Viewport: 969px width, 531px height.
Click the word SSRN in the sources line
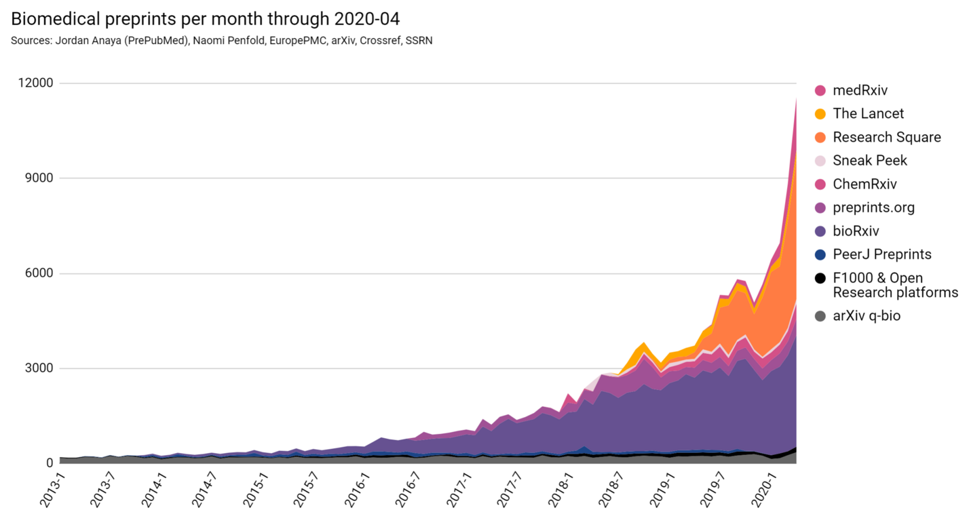pyautogui.click(x=419, y=41)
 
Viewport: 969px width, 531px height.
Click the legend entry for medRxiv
pyautogui.click(x=860, y=90)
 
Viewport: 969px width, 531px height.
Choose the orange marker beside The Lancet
pyautogui.click(x=820, y=114)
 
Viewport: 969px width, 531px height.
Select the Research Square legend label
pyautogui.click(x=886, y=137)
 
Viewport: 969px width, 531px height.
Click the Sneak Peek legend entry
pyautogui.click(x=869, y=161)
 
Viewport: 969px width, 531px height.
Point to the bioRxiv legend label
pyautogui.click(x=856, y=231)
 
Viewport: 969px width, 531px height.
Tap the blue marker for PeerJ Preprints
pyautogui.click(x=820, y=255)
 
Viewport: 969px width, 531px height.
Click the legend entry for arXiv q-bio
pyautogui.click(x=867, y=315)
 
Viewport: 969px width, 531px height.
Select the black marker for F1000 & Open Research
pyautogui.click(x=820, y=279)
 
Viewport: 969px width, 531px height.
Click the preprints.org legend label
pyautogui.click(x=873, y=208)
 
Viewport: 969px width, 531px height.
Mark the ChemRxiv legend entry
pyautogui.click(x=864, y=184)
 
